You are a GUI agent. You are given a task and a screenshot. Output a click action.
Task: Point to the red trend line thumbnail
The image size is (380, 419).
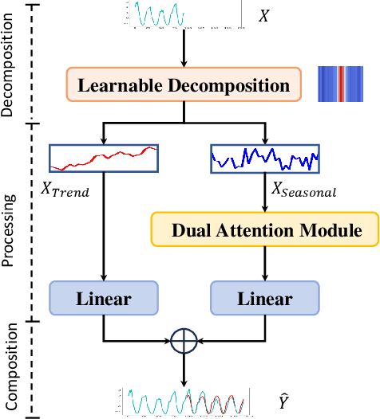[x=103, y=158]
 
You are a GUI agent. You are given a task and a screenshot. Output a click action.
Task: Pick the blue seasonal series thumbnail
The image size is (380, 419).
[x=263, y=158]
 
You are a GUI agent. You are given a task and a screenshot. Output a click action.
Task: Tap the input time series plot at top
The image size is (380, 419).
[x=184, y=15]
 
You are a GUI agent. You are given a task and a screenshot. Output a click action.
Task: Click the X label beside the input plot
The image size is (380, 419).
[x=265, y=15]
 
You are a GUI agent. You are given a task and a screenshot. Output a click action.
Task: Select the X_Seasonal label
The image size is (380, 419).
[x=305, y=190]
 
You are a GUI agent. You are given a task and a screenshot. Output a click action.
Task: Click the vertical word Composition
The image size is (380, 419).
[x=9, y=368]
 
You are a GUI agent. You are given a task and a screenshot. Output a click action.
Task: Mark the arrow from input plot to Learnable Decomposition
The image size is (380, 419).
[x=184, y=48]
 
